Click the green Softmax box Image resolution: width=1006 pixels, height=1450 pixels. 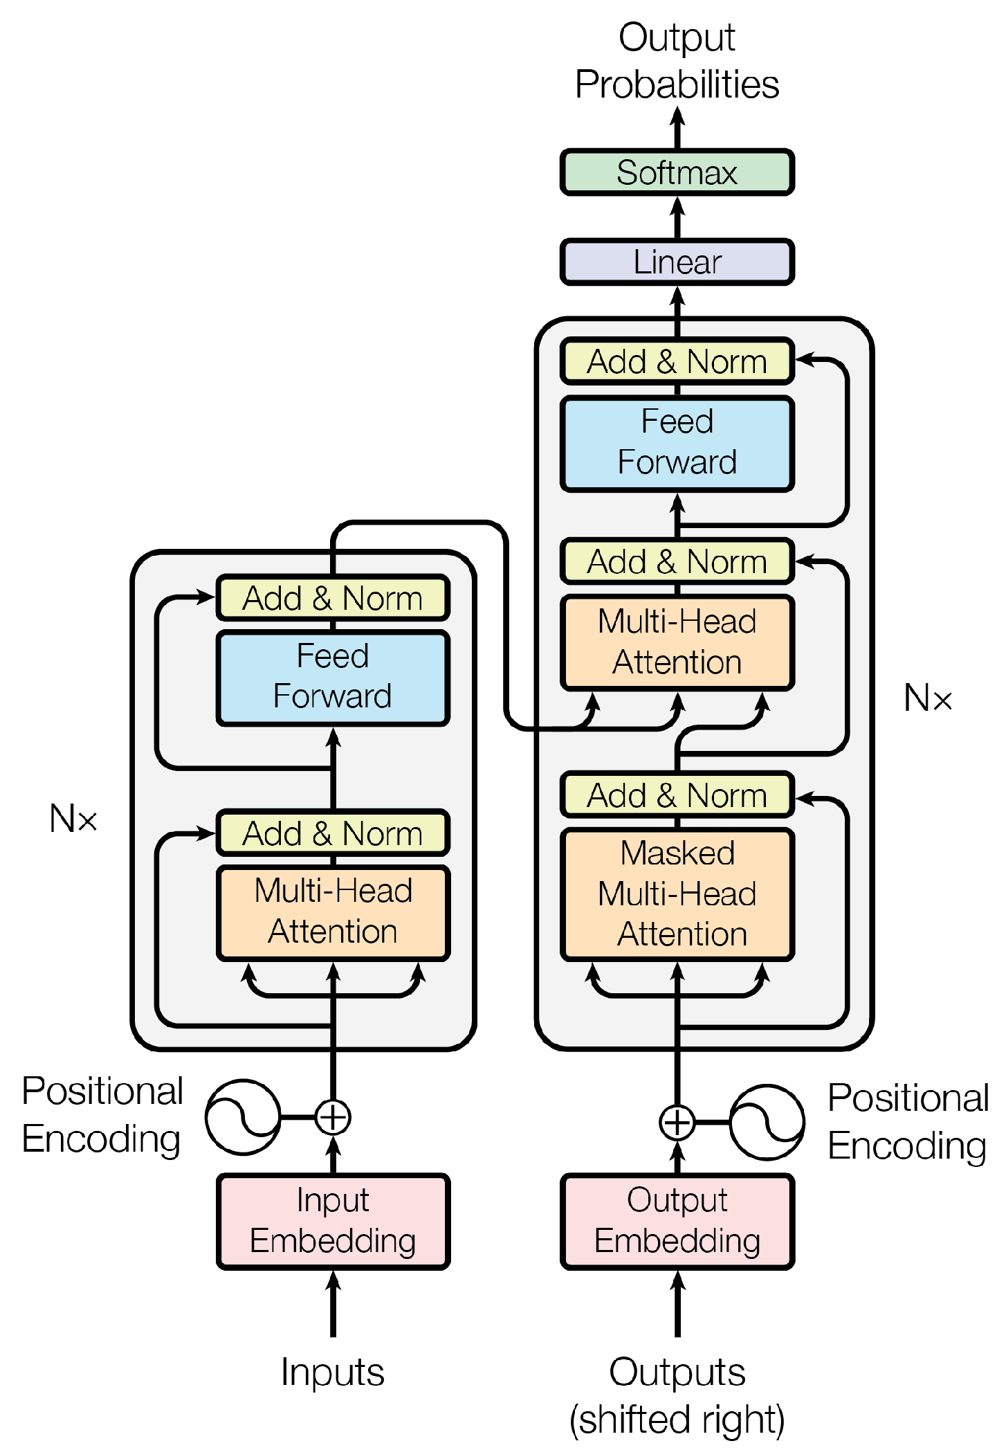pos(677,172)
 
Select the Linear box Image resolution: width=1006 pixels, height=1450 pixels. pos(677,262)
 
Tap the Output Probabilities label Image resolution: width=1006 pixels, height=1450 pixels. pos(677,61)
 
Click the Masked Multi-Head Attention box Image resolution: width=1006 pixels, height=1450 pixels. pos(677,894)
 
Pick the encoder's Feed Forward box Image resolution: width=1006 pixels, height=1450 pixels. pos(333,677)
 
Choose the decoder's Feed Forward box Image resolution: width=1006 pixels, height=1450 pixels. pos(677,443)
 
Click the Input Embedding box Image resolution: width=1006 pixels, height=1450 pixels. pos(333,1221)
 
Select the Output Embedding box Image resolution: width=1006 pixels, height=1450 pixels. pos(677,1221)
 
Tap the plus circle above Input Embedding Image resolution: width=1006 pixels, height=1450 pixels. pos(333,1117)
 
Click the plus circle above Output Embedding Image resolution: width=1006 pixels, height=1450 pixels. pos(677,1122)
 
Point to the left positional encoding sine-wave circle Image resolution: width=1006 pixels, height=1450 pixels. pos(243,1117)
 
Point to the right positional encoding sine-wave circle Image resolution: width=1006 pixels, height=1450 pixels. pos(767,1122)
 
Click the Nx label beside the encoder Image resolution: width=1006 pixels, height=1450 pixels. pos(73,819)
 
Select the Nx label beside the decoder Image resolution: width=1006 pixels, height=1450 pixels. pos(928,698)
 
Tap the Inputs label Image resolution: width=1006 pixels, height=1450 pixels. pos(333,1372)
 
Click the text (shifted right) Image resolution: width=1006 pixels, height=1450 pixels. pos(677,1419)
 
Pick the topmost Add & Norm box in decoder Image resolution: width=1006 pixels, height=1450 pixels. pos(677,361)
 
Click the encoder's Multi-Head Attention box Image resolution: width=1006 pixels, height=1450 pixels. pos(333,912)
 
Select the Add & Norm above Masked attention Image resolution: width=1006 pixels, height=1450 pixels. pos(677,795)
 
